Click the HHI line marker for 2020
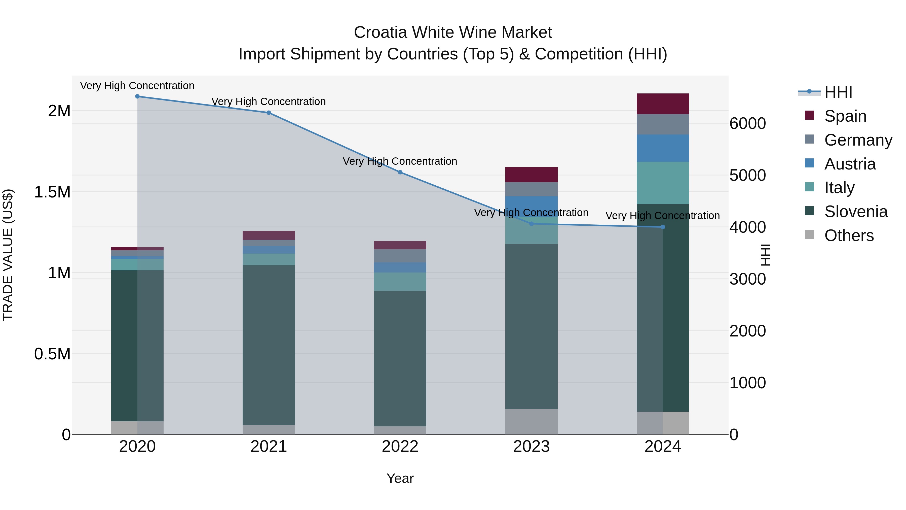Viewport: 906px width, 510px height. pyautogui.click(x=137, y=96)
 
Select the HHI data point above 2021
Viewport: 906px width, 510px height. pyautogui.click(x=269, y=113)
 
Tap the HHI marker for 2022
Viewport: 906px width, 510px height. pyautogui.click(x=400, y=172)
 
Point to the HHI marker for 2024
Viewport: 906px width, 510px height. pyautogui.click(x=663, y=227)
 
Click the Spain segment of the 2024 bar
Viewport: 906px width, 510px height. pyautogui.click(x=663, y=104)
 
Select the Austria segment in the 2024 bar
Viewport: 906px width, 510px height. pyautogui.click(x=663, y=148)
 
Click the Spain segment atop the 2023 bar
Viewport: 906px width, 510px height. pyautogui.click(x=532, y=175)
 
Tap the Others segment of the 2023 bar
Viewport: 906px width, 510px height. pyautogui.click(x=532, y=421)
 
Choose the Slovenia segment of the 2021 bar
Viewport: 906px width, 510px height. pyautogui.click(x=269, y=345)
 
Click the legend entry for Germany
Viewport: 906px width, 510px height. pyautogui.click(x=858, y=140)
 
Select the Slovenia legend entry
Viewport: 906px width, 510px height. pyautogui.click(x=856, y=212)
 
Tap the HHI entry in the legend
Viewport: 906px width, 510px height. pyautogui.click(x=838, y=92)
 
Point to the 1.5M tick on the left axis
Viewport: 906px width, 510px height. pyautogui.click(x=52, y=192)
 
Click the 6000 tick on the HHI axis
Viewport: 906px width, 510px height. pyautogui.click(x=748, y=124)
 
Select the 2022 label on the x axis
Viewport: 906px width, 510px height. pyautogui.click(x=400, y=446)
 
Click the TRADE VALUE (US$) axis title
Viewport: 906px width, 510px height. pyautogui.click(x=8, y=255)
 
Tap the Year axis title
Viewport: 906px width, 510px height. pyautogui.click(x=400, y=478)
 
